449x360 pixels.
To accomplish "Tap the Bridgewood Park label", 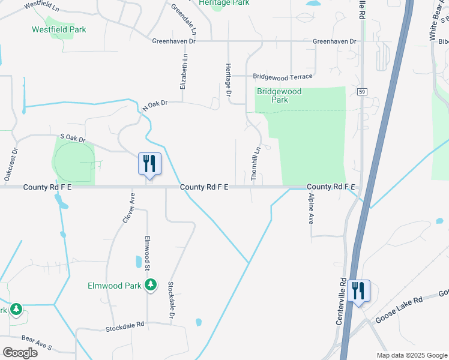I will (x=279, y=96).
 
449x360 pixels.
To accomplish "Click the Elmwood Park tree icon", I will (x=152, y=284).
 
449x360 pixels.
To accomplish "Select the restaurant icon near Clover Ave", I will (x=149, y=163).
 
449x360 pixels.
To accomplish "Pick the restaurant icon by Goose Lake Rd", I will (x=358, y=291).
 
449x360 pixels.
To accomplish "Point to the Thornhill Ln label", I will (x=255, y=164).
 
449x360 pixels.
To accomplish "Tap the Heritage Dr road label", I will (x=228, y=80).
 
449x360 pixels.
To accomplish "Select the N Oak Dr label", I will (x=153, y=105).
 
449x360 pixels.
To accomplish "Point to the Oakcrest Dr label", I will (x=10, y=164).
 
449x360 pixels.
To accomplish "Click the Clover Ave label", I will (x=129, y=208).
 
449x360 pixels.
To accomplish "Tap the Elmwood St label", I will (x=147, y=253).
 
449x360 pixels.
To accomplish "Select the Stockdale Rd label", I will (x=125, y=328).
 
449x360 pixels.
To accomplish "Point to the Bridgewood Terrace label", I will (x=282, y=77).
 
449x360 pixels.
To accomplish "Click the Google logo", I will (x=20, y=352).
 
